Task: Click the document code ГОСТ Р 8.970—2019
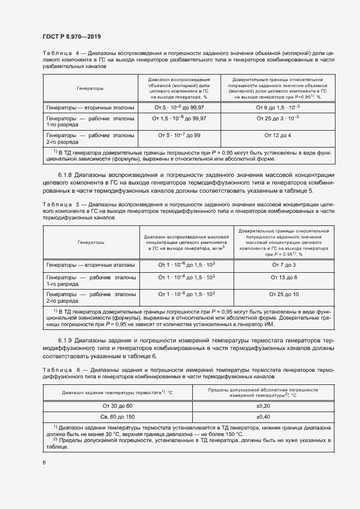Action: [x=71, y=35]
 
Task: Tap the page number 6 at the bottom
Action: [x=44, y=462]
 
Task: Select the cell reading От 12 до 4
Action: [x=277, y=135]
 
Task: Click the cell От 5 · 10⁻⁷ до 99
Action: [x=179, y=135]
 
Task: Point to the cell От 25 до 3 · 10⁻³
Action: [x=277, y=118]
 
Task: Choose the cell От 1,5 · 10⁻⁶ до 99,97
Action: [x=179, y=118]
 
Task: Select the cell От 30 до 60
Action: [x=117, y=406]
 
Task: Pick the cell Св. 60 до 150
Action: [x=117, y=416]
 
